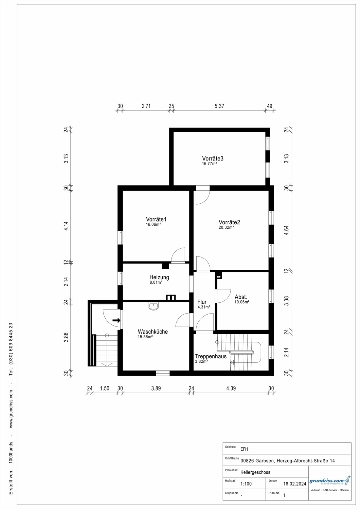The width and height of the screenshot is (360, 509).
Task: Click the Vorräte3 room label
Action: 213,158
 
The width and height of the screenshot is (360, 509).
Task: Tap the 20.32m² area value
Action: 226,227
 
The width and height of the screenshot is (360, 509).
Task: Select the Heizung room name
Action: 159,277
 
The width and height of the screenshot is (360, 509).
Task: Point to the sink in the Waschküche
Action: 154,306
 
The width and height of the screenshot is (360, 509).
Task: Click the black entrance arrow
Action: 116,320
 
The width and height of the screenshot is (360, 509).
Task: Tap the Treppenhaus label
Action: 211,356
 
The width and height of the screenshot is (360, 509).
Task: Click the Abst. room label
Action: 241,297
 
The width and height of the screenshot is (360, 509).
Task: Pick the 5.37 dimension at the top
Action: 219,106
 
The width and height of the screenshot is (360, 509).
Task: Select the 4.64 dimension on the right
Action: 286,230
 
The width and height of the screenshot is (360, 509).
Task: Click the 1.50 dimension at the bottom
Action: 105,388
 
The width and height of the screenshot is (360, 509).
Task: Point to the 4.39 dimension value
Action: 231,388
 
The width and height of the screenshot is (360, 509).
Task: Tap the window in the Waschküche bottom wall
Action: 163,373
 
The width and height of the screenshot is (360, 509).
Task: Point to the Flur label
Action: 202,302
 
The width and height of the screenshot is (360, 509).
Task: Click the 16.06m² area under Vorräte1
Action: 154,224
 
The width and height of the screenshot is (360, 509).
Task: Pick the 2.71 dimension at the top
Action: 146,106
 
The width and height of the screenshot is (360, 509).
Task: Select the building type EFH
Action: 244,449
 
